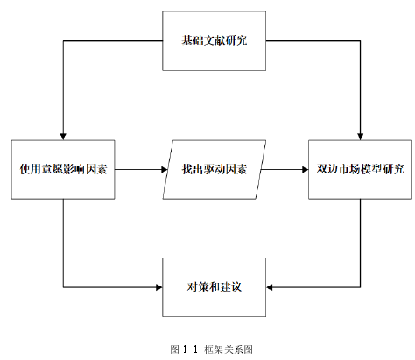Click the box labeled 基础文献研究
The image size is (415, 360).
[214, 40]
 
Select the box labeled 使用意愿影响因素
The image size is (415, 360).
[63, 169]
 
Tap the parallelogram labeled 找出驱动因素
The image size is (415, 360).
[214, 169]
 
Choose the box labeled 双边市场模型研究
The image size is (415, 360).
[360, 169]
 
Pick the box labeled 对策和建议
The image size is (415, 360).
[214, 287]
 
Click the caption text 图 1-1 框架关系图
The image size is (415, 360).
[212, 349]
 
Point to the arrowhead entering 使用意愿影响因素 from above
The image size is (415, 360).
[63, 137]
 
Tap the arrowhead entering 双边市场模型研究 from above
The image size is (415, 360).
[360, 137]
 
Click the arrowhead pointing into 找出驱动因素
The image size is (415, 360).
[165, 169]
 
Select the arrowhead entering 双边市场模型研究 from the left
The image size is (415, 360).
[305, 169]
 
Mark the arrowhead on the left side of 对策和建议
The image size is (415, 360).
[159, 287]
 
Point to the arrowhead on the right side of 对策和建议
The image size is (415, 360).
[270, 287]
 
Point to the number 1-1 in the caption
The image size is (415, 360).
[191, 349]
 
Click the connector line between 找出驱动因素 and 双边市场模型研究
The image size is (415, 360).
[285, 169]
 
